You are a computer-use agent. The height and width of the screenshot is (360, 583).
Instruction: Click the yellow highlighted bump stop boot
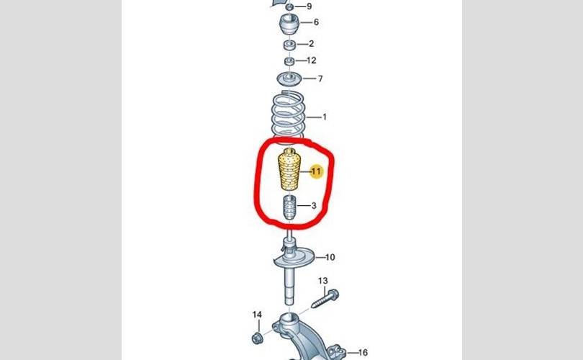(289, 170)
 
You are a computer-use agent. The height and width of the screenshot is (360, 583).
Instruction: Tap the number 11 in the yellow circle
(316, 171)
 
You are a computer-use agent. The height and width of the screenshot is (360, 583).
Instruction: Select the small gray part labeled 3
(289, 207)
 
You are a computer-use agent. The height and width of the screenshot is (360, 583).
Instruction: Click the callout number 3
(314, 206)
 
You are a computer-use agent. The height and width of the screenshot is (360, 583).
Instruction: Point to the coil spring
(289, 117)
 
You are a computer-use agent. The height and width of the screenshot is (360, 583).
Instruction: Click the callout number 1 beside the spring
(325, 117)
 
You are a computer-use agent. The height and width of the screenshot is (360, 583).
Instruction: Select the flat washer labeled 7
(289, 79)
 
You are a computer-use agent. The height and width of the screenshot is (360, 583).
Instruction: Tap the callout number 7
(320, 79)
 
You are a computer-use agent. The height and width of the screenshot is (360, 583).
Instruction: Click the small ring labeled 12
(289, 61)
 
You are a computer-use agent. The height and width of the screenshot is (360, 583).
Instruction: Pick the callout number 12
(312, 60)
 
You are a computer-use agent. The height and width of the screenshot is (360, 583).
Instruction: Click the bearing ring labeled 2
(289, 45)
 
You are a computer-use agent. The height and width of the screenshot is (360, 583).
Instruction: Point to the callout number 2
(311, 44)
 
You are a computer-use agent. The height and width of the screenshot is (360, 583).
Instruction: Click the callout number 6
(316, 22)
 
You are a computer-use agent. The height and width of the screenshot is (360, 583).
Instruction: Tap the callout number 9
(309, 6)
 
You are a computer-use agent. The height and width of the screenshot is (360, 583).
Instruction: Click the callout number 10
(330, 257)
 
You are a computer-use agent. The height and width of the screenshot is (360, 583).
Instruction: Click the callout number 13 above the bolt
(323, 281)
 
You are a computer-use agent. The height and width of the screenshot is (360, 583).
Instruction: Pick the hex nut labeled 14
(256, 338)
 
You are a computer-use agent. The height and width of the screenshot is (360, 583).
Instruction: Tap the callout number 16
(363, 353)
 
